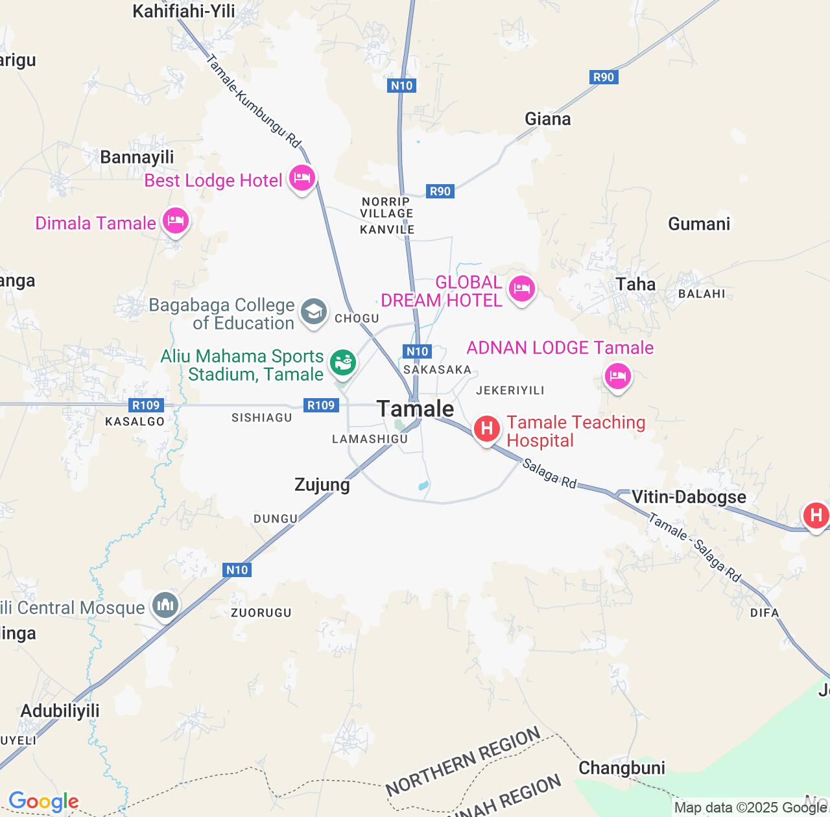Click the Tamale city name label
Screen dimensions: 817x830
point(415,408)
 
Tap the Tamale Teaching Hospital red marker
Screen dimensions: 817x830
point(486,429)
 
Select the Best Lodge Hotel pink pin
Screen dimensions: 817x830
point(302,177)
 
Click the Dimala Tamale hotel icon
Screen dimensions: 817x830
point(175,220)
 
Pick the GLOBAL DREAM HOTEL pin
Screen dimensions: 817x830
point(522,288)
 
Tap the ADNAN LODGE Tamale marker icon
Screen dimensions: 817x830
point(617,375)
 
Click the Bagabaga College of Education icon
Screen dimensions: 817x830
point(314,312)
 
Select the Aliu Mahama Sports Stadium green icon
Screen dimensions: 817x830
point(343,362)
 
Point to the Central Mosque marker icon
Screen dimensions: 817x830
point(165,606)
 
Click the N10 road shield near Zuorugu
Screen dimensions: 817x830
point(237,570)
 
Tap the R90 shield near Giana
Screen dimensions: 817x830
point(603,77)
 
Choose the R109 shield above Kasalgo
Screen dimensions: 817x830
point(146,405)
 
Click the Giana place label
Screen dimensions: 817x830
point(548,119)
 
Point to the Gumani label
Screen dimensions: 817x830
point(699,224)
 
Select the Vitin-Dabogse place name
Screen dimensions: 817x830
point(689,497)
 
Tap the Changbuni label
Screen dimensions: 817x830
point(622,768)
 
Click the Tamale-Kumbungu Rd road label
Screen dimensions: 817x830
point(254,101)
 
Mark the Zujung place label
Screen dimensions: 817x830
point(322,485)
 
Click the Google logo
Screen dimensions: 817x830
point(43,801)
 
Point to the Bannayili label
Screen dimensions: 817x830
point(137,158)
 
